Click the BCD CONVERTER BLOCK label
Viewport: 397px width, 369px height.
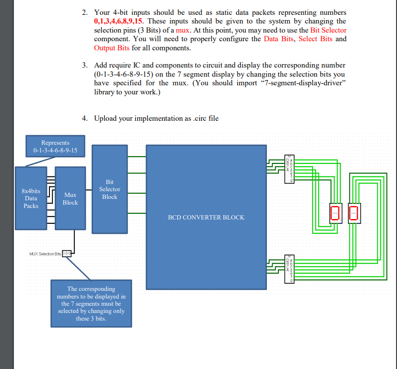tap(206, 217)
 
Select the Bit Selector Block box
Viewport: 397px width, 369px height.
tap(109, 189)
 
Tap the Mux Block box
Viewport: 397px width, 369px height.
tap(70, 198)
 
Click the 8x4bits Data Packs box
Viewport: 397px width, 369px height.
tap(31, 198)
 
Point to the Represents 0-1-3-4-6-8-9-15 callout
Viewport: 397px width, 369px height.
tap(55, 147)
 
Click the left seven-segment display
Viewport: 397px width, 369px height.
tap(335, 212)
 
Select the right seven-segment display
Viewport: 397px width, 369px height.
tap(353, 212)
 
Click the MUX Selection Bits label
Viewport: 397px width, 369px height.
tap(45, 253)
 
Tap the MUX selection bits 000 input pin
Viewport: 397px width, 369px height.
tap(67, 253)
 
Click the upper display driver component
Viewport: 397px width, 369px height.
tap(289, 169)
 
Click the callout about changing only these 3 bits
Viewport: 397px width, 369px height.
tap(91, 303)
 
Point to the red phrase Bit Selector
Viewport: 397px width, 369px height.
tap(328, 30)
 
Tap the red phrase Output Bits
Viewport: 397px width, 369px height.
tap(112, 48)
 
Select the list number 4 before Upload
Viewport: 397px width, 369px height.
tap(84, 118)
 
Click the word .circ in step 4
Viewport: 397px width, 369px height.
tap(197, 118)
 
